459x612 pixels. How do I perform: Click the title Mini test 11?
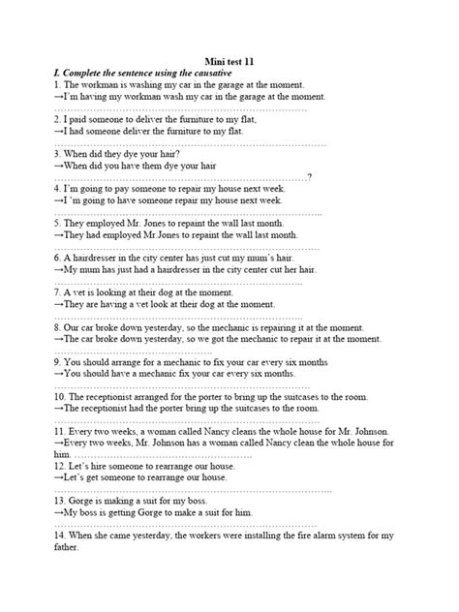[x=229, y=60]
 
